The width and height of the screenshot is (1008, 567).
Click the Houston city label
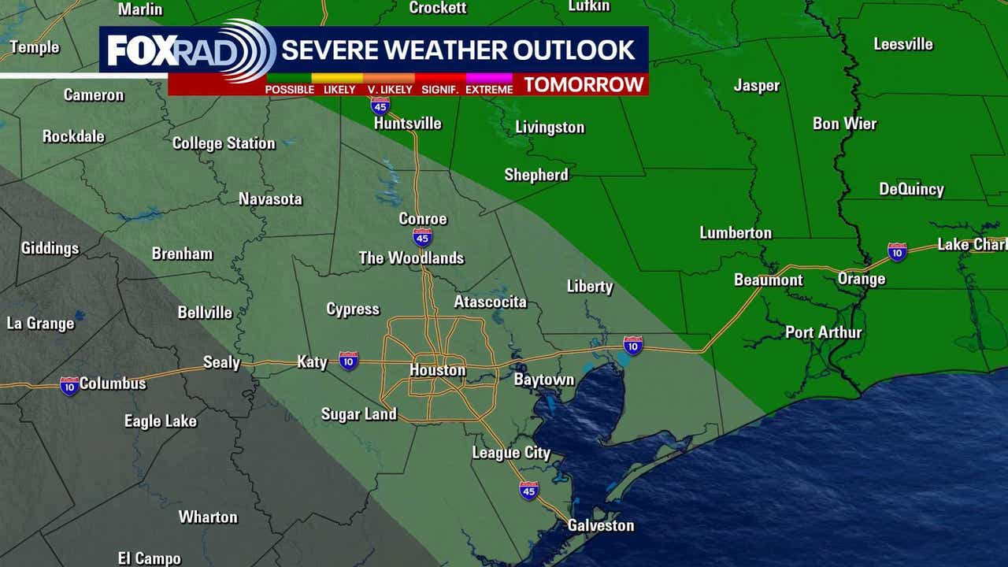pos(437,370)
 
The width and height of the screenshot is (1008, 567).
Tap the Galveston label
pos(601,525)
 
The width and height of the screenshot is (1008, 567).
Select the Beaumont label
pos(768,280)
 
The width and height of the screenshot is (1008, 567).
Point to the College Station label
pos(224,143)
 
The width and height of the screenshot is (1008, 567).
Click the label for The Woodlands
pos(411,258)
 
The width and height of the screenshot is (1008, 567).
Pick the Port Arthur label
pos(823,332)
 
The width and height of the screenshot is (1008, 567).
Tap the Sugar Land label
pos(359,414)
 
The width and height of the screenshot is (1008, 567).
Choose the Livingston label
pos(550,128)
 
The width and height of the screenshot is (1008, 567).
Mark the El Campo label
pos(149,558)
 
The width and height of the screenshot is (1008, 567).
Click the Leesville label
pos(902,44)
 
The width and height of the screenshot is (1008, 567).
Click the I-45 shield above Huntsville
pos(380,106)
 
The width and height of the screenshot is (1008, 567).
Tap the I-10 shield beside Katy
pos(348,361)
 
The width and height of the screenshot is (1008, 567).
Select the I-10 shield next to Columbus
pos(69,386)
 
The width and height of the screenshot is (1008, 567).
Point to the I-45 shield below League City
pos(528,491)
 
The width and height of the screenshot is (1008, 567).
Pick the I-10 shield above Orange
pos(897,252)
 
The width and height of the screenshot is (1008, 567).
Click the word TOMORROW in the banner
pos(584,85)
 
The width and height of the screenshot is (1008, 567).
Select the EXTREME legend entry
pos(489,89)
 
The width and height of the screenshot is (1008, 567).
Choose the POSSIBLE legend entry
pos(289,89)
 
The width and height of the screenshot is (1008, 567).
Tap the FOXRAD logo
pos(189,50)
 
